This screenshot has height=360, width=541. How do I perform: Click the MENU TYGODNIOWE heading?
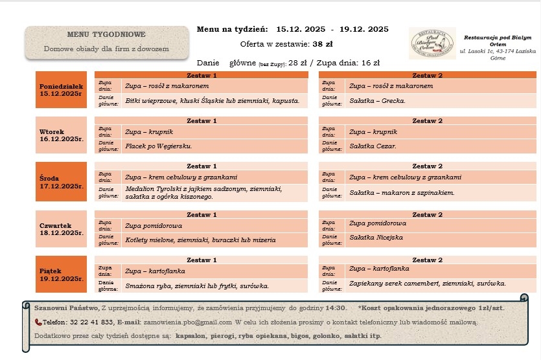point(106,34)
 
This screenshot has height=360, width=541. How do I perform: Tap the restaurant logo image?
point(431,43)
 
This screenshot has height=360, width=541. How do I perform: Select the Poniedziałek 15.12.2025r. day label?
point(62,89)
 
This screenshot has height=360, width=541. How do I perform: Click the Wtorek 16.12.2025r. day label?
point(62,135)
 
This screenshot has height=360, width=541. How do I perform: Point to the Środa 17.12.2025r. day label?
point(62,181)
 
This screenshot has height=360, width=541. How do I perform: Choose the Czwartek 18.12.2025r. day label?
point(62,229)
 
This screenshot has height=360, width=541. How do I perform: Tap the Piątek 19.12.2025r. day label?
point(62,274)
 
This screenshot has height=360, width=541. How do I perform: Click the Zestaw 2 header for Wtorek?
point(427,120)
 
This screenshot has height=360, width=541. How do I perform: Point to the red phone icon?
point(38,322)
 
